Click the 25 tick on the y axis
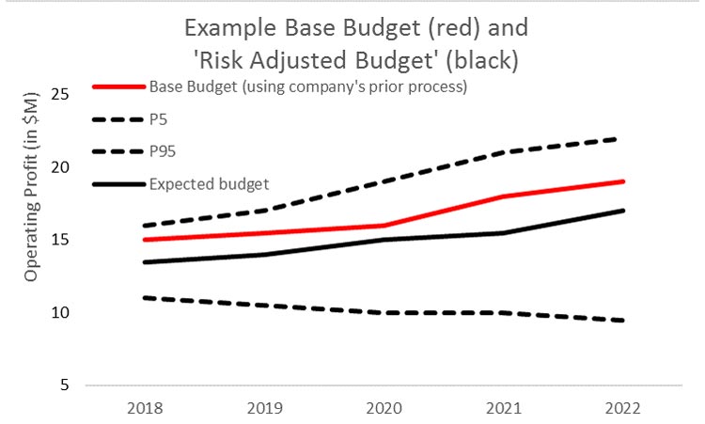tap(61, 94)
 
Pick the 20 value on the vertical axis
tap(61, 166)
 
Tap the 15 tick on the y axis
tap(61, 239)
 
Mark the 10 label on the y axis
tap(61, 312)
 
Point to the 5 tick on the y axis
tap(65, 385)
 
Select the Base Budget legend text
tap(309, 87)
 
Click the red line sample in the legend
tap(118, 87)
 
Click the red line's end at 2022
tap(622, 181)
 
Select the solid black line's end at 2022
tap(622, 211)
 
